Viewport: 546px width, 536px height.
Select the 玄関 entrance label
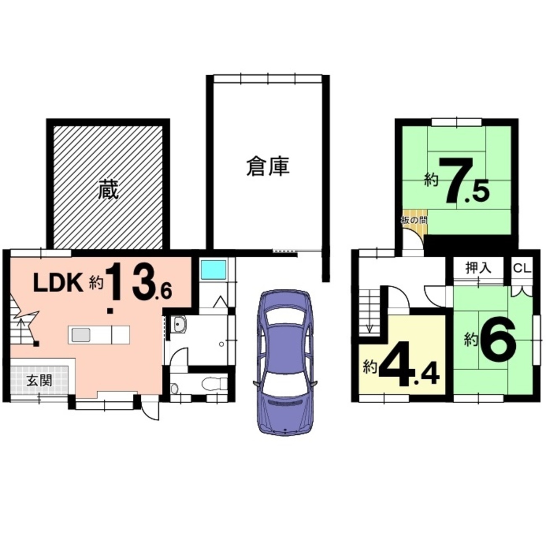pyautogui.click(x=39, y=381)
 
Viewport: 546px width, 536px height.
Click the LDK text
pyautogui.click(x=58, y=283)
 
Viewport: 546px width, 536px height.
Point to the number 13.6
pyautogui.click(x=139, y=282)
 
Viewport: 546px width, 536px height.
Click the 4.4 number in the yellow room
pyautogui.click(x=410, y=365)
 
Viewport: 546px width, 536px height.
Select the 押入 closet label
pyautogui.click(x=478, y=268)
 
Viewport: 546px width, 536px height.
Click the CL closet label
pyautogui.click(x=522, y=268)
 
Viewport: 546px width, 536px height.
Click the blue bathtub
pyautogui.click(x=213, y=270)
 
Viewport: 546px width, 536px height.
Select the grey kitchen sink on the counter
pyautogui.click(x=81, y=335)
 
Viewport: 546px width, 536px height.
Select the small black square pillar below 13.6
pyautogui.click(x=110, y=311)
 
